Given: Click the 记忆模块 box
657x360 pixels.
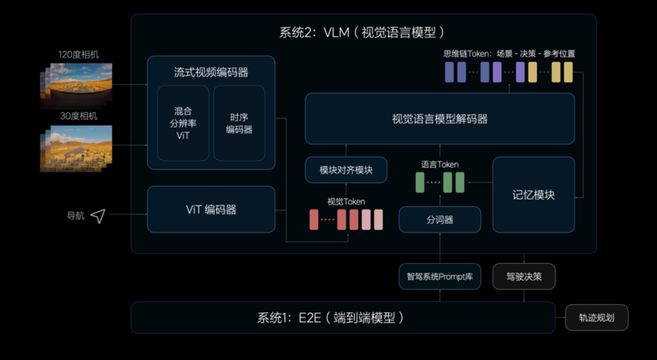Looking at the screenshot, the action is pos(534,195).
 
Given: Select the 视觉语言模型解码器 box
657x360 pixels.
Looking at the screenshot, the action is pos(440,119).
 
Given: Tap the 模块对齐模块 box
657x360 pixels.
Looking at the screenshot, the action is pos(346,170).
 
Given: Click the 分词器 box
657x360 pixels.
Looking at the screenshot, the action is pos(440,220).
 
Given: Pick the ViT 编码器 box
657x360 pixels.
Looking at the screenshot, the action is pos(211,210).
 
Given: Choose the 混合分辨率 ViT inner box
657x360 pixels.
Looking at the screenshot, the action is pos(183,123).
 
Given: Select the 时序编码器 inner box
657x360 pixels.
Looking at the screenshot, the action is pos(239,123).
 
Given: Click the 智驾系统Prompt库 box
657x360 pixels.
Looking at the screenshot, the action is pos(440,277).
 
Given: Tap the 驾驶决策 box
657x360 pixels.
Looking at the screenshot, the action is pos(524,277).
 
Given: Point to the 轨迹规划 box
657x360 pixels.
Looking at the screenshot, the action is pos(596,318).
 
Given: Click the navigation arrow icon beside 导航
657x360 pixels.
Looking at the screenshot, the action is pos(98,216).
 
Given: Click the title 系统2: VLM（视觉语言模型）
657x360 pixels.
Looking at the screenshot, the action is pos(362,32).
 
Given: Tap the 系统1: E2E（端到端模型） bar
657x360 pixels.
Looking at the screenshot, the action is pos(343,318).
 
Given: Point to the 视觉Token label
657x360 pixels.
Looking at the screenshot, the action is pos(346,202).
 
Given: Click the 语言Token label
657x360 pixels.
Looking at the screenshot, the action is pos(440,165).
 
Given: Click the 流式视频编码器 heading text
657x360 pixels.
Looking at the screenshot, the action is pos(211,72).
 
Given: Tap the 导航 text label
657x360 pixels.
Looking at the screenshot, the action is pos(75,216).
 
